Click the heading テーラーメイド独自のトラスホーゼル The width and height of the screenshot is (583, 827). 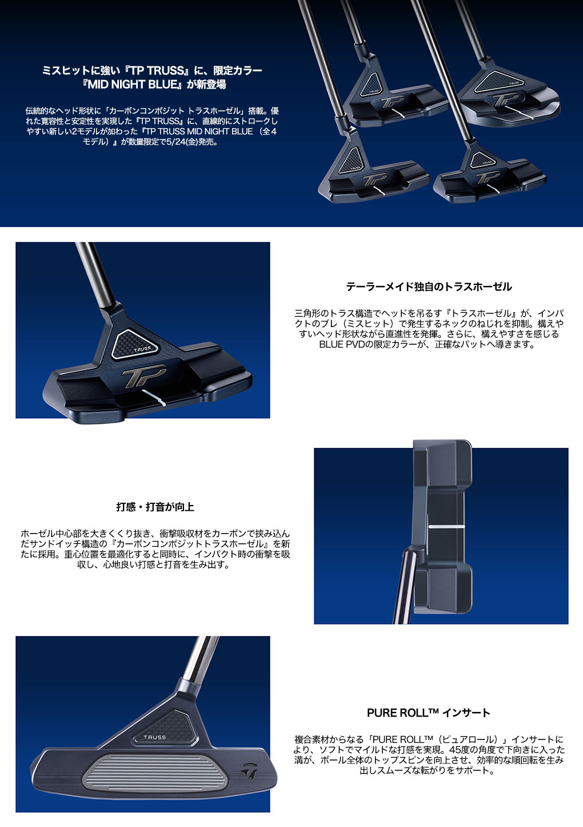coord(429,287)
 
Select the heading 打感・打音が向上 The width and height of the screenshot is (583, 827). coord(155,507)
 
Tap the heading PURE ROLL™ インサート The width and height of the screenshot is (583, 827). coord(429,713)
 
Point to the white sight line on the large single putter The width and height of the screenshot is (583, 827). coord(154,397)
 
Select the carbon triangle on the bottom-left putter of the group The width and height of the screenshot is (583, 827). coord(352,160)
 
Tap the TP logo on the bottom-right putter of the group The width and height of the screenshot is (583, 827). coord(487,178)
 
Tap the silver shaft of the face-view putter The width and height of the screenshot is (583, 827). coord(201,657)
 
